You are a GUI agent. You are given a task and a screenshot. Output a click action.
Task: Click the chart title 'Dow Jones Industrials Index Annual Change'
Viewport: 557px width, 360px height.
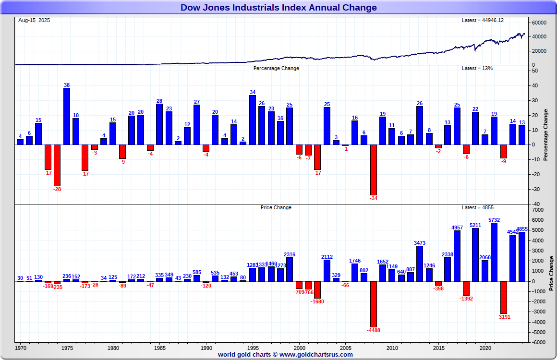point(278,7)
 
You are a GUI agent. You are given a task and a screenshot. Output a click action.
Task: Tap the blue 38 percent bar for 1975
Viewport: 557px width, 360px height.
point(67,116)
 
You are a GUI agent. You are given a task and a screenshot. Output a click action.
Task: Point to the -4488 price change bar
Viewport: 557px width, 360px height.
point(374,304)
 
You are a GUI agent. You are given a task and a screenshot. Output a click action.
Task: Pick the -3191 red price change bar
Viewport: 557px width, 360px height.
point(504,297)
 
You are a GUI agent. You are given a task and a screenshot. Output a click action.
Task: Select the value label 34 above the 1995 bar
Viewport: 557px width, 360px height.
point(253,92)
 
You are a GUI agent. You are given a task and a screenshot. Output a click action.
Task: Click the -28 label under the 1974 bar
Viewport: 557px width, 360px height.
point(57,189)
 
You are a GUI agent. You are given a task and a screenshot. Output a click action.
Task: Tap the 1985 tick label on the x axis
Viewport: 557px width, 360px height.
point(160,348)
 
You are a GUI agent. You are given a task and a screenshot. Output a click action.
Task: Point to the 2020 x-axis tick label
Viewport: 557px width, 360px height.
point(485,348)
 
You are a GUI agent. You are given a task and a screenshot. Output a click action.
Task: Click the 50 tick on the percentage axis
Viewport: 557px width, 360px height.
point(534,71)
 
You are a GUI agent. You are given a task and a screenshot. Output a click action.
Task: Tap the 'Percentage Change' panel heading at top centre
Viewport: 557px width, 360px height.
point(276,68)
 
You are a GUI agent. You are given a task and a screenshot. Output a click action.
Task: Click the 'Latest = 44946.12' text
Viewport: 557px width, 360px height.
point(482,20)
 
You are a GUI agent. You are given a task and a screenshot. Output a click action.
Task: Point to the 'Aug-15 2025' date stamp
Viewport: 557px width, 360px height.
point(34,20)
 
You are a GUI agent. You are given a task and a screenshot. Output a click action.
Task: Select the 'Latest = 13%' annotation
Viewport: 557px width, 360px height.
point(477,68)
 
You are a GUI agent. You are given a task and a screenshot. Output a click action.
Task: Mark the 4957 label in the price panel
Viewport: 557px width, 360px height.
point(457,227)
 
